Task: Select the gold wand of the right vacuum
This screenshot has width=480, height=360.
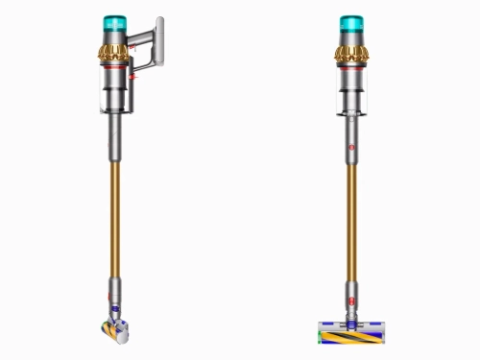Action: tap(352, 221)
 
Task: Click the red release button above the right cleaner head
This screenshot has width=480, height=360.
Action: tap(352, 300)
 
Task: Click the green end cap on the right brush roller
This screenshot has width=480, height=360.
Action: tap(321, 335)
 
